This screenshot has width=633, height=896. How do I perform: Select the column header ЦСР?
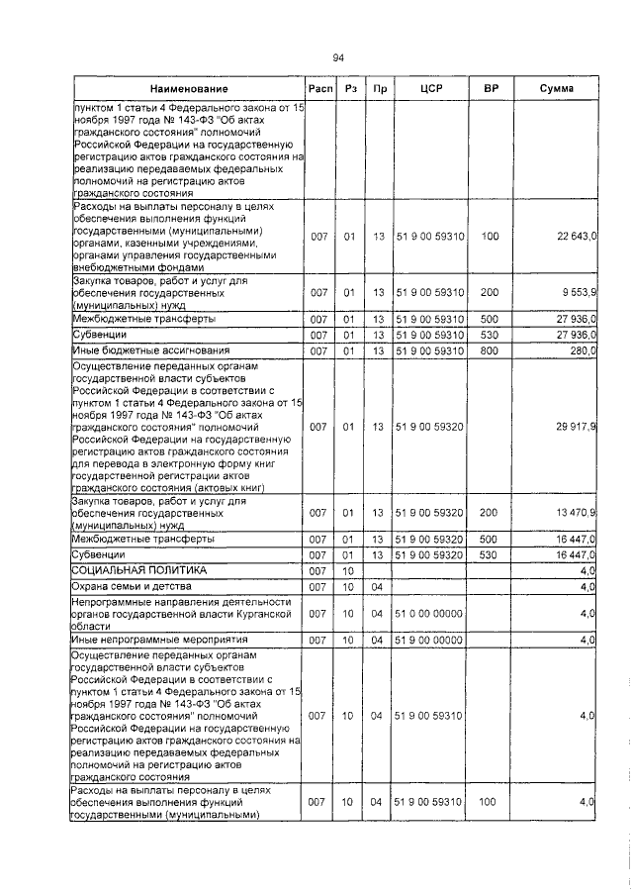(429, 89)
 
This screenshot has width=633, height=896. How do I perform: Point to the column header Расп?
(317, 89)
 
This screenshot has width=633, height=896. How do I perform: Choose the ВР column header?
(490, 89)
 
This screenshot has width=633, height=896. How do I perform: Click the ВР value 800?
(490, 350)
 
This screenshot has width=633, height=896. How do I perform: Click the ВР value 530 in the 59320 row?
(490, 556)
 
